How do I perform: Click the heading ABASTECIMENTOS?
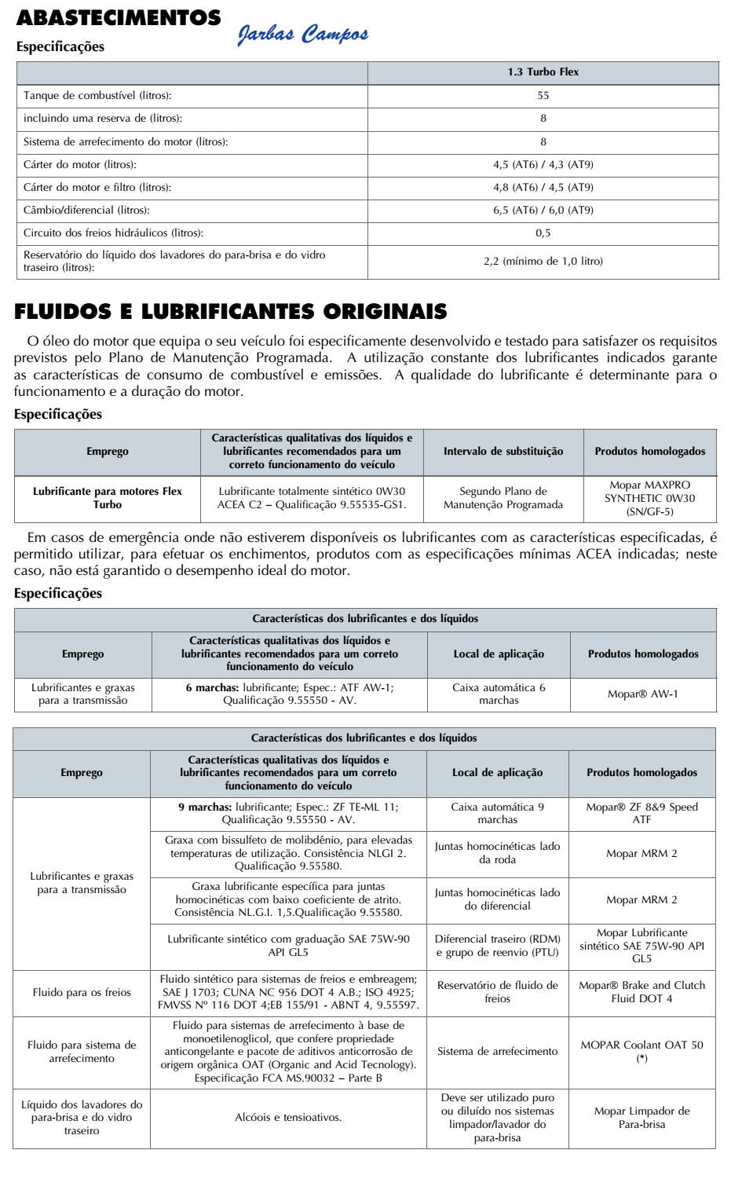[119, 18]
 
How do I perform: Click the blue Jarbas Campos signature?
[302, 35]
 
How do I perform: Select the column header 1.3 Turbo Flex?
[543, 72]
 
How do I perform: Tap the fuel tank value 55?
[543, 96]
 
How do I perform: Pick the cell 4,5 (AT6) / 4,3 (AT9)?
[543, 165]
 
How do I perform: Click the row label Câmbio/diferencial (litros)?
[86, 211]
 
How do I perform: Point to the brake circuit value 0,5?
[543, 233]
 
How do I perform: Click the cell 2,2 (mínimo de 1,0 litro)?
[543, 262]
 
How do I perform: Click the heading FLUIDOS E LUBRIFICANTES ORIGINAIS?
[231, 312]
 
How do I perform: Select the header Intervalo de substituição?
[503, 452]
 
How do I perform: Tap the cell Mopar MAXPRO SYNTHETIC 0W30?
[649, 498]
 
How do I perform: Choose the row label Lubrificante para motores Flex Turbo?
[108, 498]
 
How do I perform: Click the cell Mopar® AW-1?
[642, 694]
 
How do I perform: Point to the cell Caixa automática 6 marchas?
[499, 694]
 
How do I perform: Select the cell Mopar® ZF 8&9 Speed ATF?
[641, 813]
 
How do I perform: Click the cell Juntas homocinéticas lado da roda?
[497, 853]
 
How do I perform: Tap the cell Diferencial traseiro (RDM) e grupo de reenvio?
[497, 946]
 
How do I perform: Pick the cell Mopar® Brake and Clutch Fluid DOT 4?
[641, 992]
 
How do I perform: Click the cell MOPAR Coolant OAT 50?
[641, 1051]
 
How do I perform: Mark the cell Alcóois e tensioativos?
[288, 1117]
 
